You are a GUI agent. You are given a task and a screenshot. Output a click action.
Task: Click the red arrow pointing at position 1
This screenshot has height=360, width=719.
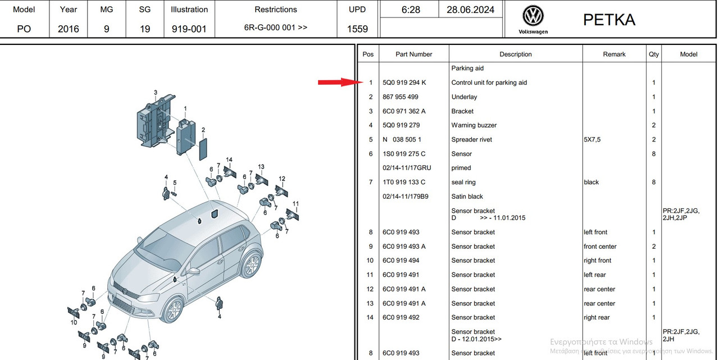(x=340, y=82)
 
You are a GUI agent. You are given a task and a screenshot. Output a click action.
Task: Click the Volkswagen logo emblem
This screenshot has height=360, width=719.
(x=533, y=15)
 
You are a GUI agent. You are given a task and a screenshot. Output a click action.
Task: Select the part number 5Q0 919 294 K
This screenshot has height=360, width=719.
(x=404, y=83)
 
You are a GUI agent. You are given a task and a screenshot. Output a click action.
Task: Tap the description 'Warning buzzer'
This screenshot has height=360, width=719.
(x=474, y=125)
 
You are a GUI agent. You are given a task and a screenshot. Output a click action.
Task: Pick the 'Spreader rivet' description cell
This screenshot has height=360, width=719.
(x=471, y=140)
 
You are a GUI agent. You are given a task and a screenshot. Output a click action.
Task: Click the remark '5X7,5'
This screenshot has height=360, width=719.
(x=592, y=140)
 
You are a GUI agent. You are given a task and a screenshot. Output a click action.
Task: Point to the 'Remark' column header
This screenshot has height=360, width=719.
(x=614, y=54)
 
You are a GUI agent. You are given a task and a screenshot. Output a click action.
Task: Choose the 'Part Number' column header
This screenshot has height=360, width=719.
(x=414, y=54)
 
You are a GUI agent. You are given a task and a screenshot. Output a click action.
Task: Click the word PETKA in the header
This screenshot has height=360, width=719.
(x=609, y=20)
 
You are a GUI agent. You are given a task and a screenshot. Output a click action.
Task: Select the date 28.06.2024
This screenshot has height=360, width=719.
(x=470, y=10)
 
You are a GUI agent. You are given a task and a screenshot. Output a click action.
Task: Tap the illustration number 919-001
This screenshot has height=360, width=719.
(x=189, y=29)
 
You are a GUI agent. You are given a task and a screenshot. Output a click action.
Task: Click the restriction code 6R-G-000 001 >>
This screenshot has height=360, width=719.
(x=276, y=28)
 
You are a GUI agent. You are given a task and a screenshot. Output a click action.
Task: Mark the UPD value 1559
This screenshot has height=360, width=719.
(x=357, y=29)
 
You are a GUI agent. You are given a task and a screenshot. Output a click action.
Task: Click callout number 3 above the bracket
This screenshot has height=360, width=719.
(x=156, y=93)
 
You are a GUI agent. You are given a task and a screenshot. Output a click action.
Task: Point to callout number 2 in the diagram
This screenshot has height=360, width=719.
(x=203, y=130)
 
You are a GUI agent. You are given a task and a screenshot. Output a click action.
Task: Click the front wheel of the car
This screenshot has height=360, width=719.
(x=174, y=309)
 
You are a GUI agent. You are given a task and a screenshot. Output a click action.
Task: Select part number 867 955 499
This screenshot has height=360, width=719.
(x=401, y=97)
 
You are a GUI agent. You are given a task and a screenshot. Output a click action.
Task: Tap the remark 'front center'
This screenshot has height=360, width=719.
(x=600, y=247)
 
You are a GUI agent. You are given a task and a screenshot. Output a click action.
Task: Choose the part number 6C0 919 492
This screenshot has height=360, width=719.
(x=401, y=317)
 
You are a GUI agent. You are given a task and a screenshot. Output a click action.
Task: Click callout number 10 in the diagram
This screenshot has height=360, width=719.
(x=74, y=322)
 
